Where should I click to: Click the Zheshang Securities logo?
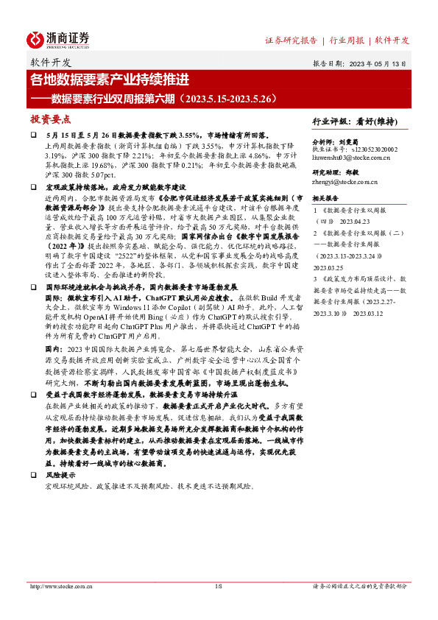[x=58, y=39]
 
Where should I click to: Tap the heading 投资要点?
[x=50, y=119]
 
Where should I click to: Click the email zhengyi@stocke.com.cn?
[x=345, y=181]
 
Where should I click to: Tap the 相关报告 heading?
[x=325, y=198]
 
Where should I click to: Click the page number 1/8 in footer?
[x=218, y=586]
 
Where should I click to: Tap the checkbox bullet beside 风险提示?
[x=33, y=476]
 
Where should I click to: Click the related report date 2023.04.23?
[x=361, y=219]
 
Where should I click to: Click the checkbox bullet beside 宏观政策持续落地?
[x=33, y=188]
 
